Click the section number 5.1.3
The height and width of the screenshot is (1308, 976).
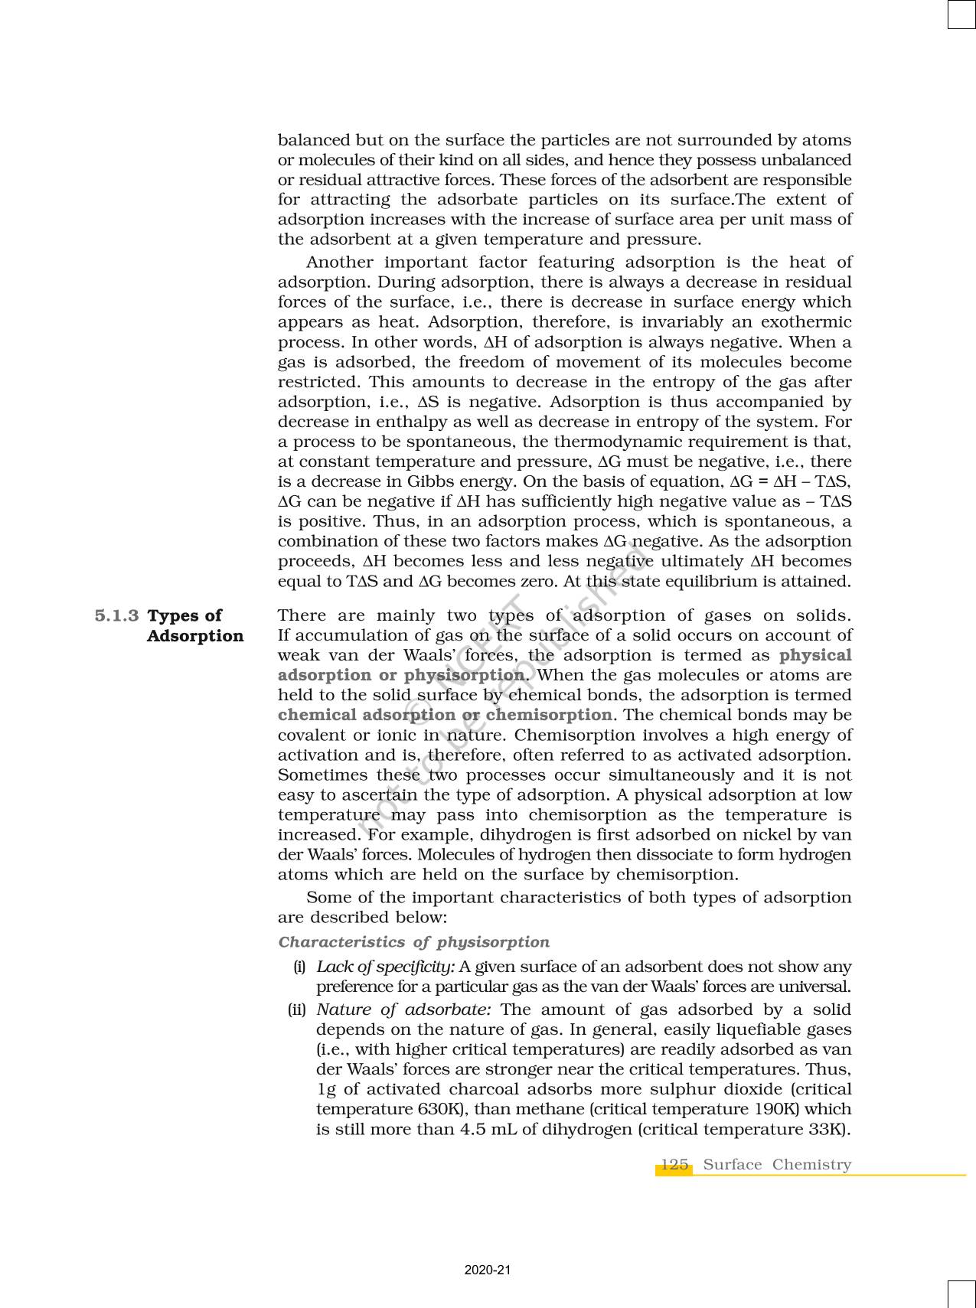click(116, 616)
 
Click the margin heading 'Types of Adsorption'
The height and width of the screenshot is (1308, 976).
click(194, 626)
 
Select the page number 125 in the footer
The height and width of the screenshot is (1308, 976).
click(674, 1165)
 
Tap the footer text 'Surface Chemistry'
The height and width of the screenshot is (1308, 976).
click(777, 1165)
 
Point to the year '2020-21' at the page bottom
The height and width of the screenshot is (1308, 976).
click(488, 1270)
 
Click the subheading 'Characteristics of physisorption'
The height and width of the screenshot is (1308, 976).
click(413, 942)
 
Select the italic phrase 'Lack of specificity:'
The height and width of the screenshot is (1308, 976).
click(386, 967)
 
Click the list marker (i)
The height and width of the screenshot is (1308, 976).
click(300, 967)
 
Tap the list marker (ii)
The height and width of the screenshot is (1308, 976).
click(297, 1010)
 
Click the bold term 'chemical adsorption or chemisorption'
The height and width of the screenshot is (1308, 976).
click(445, 716)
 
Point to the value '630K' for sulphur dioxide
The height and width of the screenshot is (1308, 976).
click(437, 1110)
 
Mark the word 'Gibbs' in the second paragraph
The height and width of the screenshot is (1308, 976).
click(420, 481)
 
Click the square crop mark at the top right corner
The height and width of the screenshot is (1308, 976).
click(961, 15)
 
